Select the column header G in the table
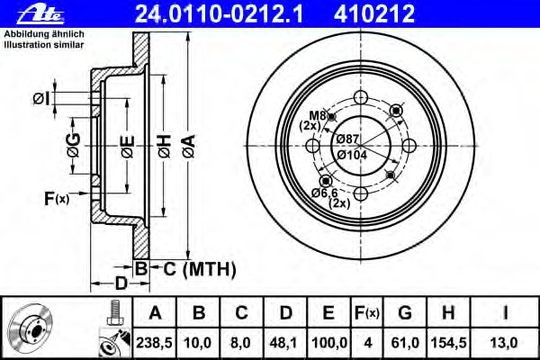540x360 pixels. click(x=405, y=313)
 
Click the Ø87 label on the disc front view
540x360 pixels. click(x=348, y=139)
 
